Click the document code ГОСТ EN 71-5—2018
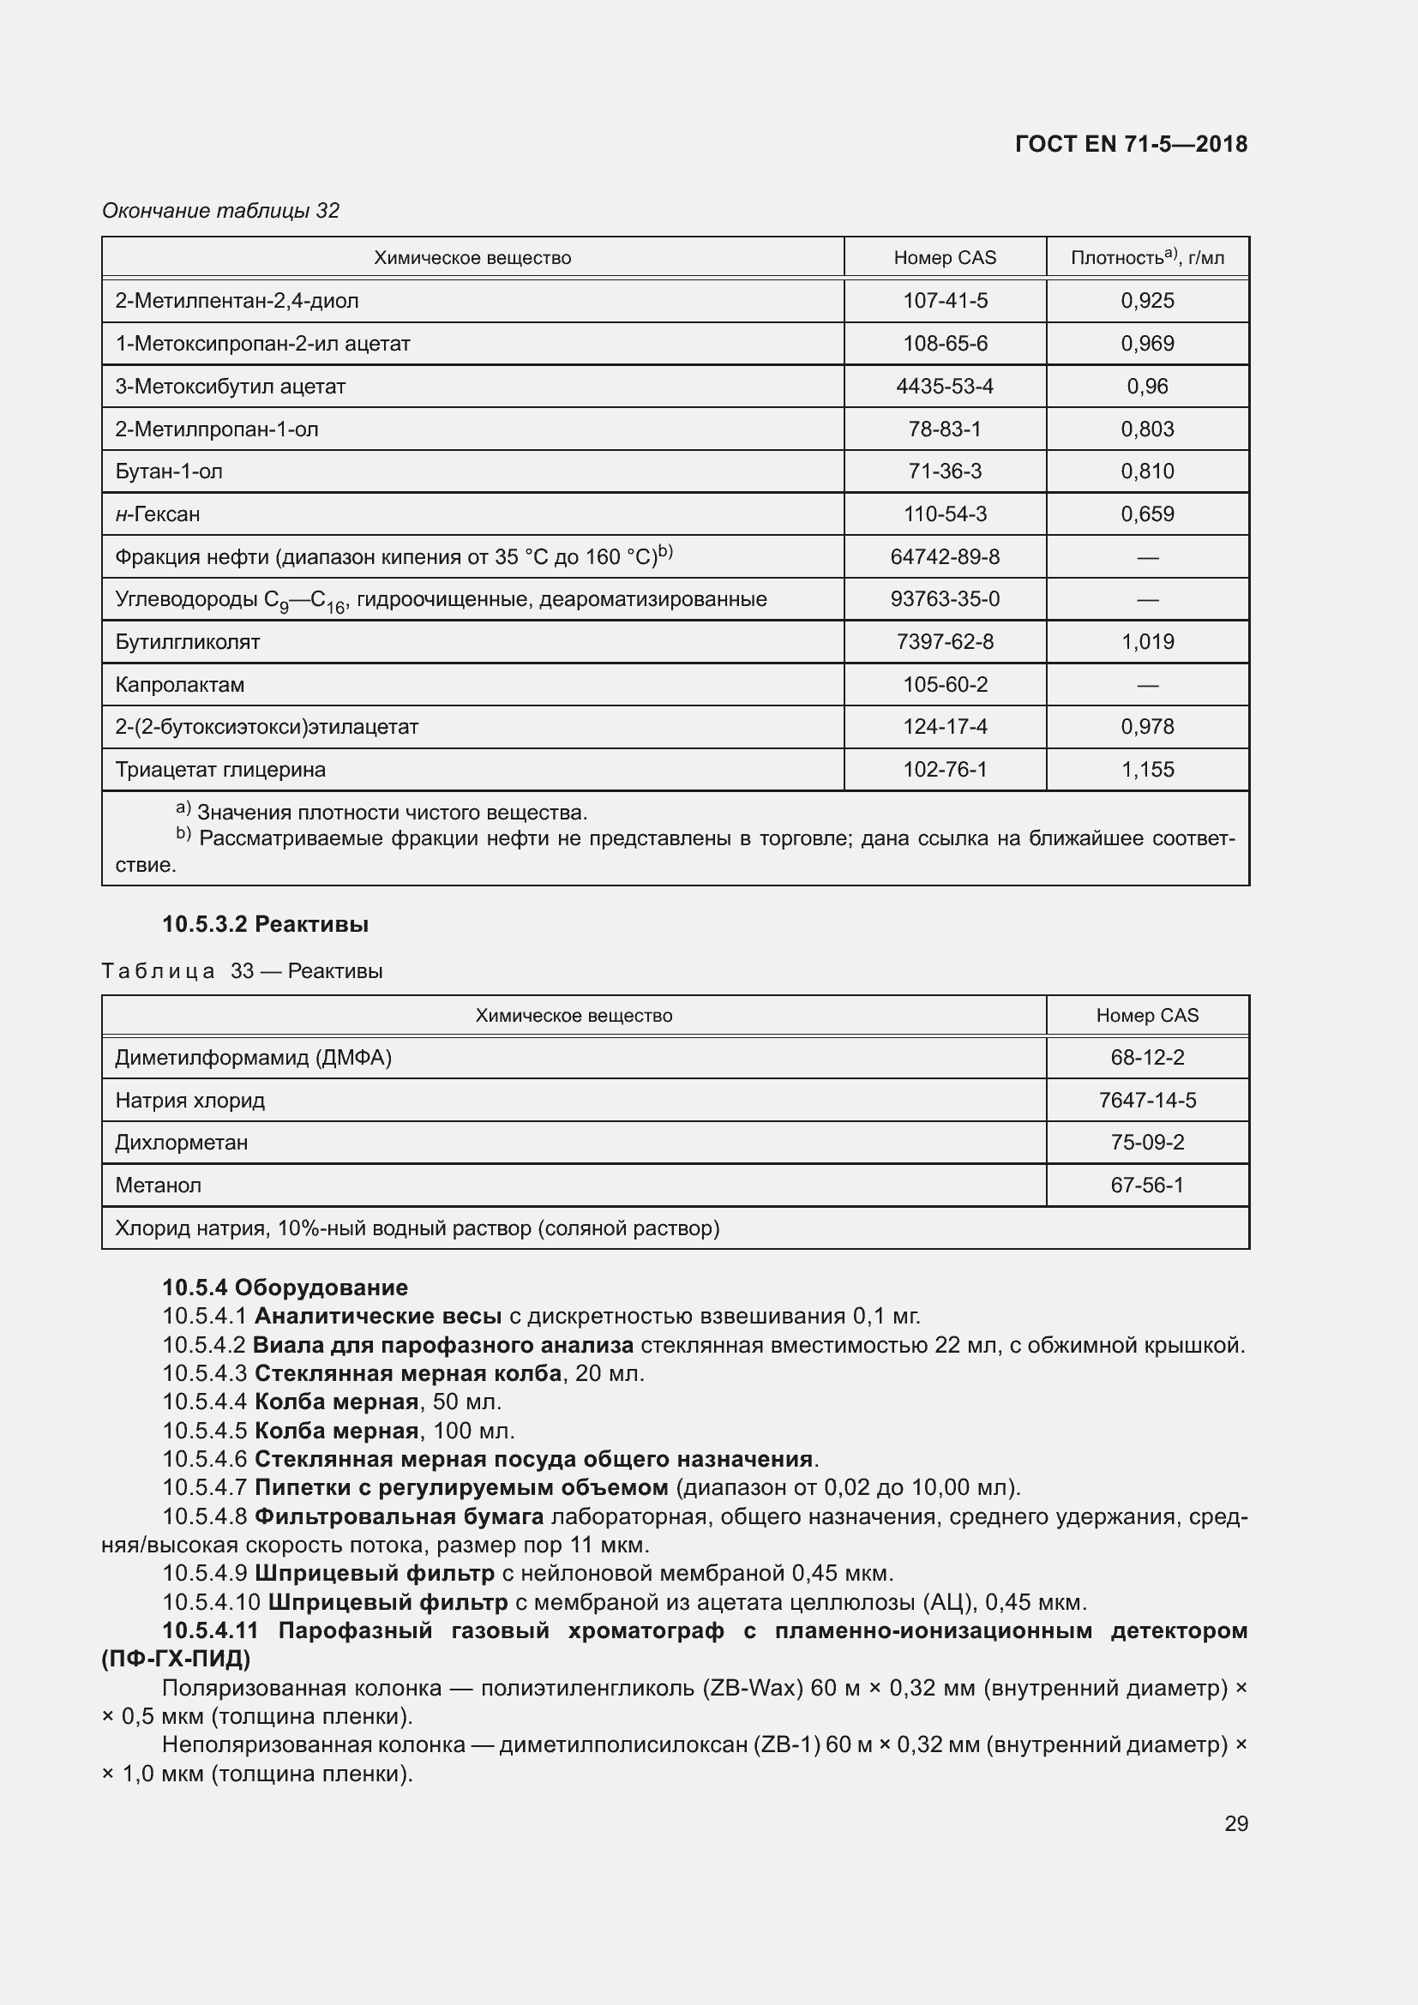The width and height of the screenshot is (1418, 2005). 1131,144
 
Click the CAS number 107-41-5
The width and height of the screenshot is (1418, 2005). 945,300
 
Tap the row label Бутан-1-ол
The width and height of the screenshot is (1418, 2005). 169,471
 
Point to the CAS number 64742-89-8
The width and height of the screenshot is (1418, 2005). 945,556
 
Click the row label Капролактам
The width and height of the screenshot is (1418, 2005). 180,685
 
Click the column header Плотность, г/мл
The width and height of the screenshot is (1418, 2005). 1146,258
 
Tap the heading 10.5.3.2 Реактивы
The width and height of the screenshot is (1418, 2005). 266,924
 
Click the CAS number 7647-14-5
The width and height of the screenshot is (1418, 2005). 1146,1101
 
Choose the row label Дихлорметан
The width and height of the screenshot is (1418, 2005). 182,1142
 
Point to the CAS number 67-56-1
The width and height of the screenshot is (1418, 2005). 1146,1185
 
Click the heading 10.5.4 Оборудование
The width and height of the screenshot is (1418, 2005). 285,1288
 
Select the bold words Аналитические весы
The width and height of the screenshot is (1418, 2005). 377,1316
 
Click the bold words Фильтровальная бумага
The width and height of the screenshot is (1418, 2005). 399,1516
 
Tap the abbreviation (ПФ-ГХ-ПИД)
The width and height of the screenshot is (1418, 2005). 177,1659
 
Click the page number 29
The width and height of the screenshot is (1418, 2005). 1235,1823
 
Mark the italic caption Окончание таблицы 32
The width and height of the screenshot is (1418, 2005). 221,211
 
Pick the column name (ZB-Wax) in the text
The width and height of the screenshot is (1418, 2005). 752,1688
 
